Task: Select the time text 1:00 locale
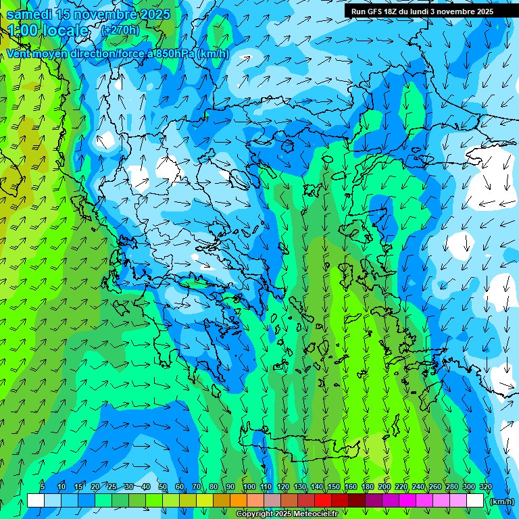pyautogui.click(x=48, y=30)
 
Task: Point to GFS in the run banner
pyautogui.click(x=376, y=11)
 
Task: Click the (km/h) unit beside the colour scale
pyautogui.click(x=501, y=501)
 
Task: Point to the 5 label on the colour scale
pyautogui.click(x=43, y=487)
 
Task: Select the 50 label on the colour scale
pyautogui.click(x=163, y=487)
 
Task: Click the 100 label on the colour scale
pyautogui.click(x=249, y=487)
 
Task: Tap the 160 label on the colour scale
pyautogui.click(x=350, y=487)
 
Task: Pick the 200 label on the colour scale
pyautogui.click(x=384, y=487)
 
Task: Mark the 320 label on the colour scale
pyautogui.click(x=485, y=487)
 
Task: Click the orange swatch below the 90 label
pyautogui.click(x=239, y=501)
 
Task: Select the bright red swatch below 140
pyautogui.click(x=323, y=501)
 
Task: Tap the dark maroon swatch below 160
pyautogui.click(x=357, y=501)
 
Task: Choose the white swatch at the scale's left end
pyautogui.click(x=36, y=501)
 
